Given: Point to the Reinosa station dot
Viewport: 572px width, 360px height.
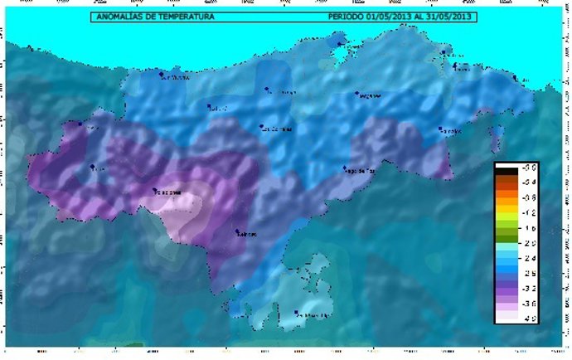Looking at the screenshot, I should click(x=237, y=231).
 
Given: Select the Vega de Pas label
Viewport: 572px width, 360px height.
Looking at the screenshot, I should click(x=361, y=171).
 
